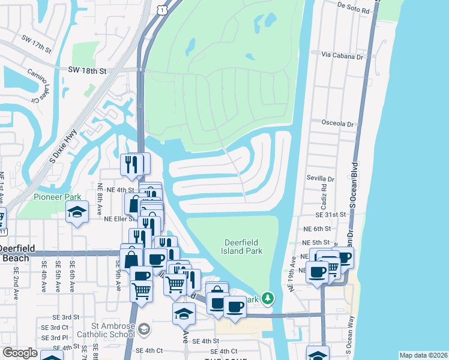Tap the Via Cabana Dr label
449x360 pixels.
343,56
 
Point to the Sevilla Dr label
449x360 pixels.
319,179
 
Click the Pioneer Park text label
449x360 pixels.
57,197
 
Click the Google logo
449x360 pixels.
20,353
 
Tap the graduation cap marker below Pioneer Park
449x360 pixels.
77,214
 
